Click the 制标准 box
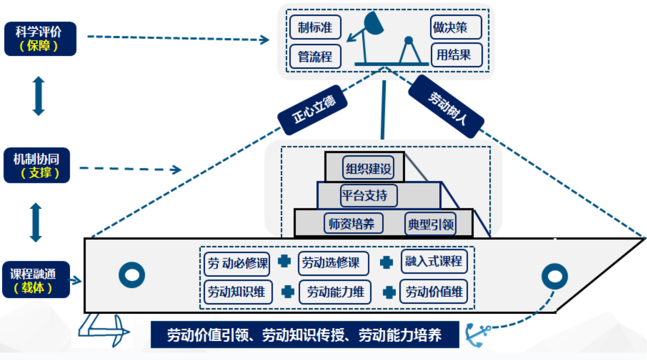[315, 27]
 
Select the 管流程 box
[315, 56]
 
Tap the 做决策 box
[456, 27]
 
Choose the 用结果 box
[456, 55]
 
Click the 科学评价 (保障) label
[40, 39]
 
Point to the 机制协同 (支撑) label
[37, 165]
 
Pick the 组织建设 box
[368, 169]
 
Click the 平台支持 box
[369, 196]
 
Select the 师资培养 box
[353, 223]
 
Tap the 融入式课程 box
[433, 261]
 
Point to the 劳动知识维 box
[237, 292]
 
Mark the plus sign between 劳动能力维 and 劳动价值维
[389, 292]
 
